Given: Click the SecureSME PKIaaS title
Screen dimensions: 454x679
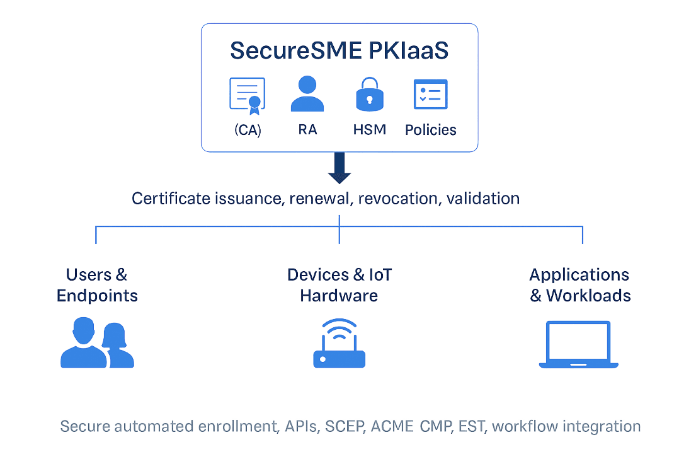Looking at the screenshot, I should [339, 51].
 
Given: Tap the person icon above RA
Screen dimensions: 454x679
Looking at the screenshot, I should [307, 95].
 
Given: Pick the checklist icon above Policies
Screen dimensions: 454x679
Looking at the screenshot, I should [430, 95].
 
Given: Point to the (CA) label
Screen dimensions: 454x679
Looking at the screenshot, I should [248, 130].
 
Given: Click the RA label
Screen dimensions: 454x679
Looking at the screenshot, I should [307, 130].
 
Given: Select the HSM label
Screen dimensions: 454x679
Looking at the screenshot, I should [370, 130].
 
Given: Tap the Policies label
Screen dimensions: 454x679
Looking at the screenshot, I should [431, 130].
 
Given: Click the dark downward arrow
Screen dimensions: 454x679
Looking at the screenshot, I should [339, 168].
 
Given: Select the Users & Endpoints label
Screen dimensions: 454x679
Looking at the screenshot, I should [97, 285].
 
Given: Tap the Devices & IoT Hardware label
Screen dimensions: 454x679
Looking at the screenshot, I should [339, 285].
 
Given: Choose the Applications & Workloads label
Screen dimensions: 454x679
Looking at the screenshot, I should [579, 285].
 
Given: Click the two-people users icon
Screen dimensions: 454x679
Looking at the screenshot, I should [97, 343].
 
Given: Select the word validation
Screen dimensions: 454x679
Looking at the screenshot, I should [482, 199].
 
